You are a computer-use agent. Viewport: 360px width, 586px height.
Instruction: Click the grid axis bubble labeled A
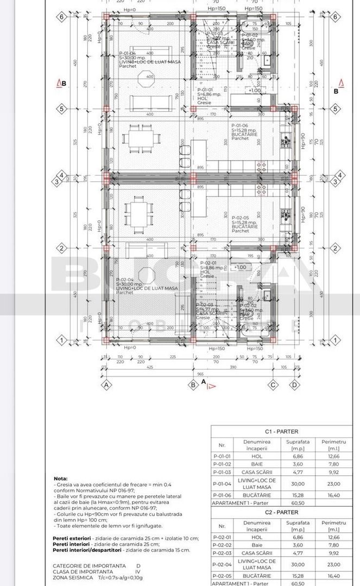point(106,385)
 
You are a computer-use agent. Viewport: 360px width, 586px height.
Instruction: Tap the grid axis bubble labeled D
point(295,385)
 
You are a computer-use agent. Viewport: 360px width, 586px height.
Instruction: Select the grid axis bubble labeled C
point(274,385)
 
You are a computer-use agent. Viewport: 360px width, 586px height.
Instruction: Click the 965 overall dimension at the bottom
point(201,374)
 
